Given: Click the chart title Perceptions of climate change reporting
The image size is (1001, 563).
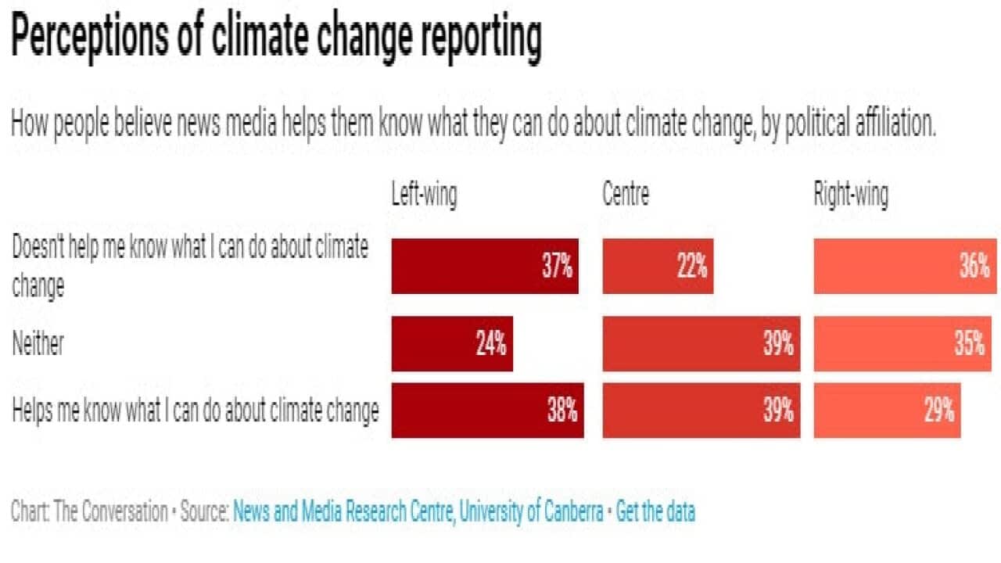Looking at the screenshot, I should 275,38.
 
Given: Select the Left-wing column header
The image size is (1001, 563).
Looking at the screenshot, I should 424,195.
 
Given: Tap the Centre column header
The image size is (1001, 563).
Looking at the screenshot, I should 626,195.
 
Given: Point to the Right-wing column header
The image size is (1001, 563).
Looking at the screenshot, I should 851,195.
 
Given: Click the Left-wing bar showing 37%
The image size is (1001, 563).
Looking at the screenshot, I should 485,267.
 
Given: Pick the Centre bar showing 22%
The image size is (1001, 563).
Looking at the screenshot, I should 658,267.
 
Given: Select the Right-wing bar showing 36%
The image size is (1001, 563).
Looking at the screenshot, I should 905,267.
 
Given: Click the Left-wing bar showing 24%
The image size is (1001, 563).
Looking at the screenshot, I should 452,344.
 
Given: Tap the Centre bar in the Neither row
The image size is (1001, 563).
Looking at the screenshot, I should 701,344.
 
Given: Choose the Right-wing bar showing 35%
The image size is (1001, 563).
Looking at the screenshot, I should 902,344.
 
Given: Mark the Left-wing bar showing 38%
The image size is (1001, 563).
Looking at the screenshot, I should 487,411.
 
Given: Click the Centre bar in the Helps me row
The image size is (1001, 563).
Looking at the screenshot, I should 701,411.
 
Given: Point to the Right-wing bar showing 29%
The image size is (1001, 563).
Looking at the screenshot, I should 887,411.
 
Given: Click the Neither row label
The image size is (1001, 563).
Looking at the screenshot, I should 38,344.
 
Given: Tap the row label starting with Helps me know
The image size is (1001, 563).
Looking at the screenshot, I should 196,411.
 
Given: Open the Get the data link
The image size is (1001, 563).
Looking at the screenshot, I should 655,512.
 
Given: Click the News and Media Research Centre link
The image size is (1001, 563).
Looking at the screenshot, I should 418,512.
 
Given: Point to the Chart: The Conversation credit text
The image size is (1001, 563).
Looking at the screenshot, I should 89,512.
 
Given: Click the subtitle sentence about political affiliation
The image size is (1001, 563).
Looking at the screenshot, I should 473,124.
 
